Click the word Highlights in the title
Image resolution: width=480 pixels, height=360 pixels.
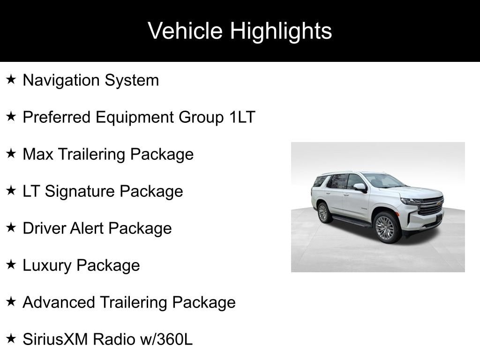(281, 31)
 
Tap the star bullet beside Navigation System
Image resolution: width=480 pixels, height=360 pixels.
(11, 80)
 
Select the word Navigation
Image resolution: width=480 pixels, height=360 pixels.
(61, 80)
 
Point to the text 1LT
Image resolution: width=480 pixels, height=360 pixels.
(242, 117)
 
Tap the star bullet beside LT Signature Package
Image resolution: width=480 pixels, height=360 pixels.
(11, 191)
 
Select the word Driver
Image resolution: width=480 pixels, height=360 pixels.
(44, 228)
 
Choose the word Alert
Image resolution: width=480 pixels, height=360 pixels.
(87, 228)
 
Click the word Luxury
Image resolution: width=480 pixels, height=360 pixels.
(47, 265)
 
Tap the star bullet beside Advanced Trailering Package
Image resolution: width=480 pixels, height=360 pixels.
(11, 302)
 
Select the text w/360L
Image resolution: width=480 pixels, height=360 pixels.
(166, 339)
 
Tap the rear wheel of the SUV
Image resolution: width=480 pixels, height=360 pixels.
(323, 212)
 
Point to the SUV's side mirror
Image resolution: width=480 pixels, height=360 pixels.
(360, 187)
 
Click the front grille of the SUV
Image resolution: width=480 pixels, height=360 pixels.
(431, 207)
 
